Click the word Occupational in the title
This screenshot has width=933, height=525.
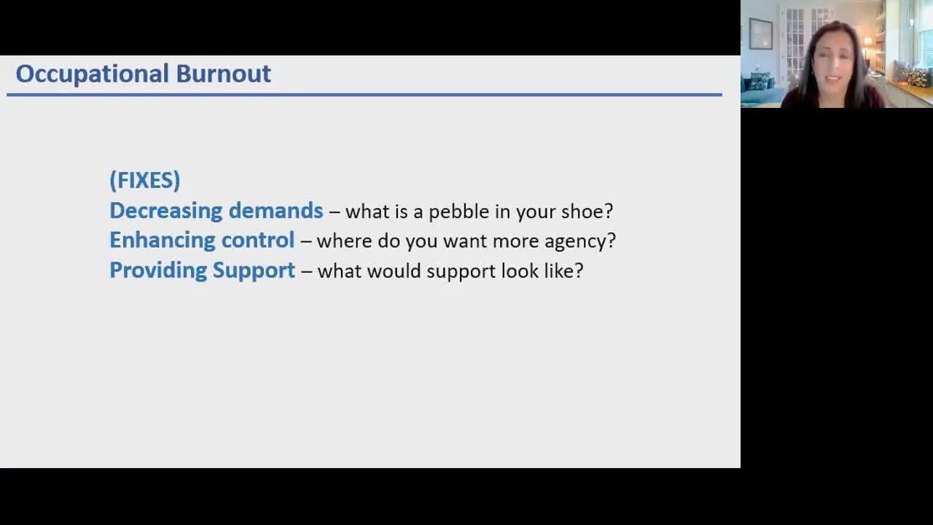click(92, 74)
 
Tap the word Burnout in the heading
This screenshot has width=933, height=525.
click(224, 74)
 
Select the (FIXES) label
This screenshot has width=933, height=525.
click(145, 180)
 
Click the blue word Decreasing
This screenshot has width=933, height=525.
click(166, 211)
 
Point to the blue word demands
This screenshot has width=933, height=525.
click(276, 210)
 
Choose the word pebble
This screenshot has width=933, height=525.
click(458, 211)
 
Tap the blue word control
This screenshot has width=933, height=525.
click(258, 240)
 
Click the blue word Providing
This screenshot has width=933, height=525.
click(158, 271)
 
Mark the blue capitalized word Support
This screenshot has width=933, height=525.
click(254, 271)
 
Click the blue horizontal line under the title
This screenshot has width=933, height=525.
click(364, 95)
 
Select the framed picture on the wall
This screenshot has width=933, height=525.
click(761, 34)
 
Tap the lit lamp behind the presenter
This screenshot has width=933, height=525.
click(867, 42)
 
